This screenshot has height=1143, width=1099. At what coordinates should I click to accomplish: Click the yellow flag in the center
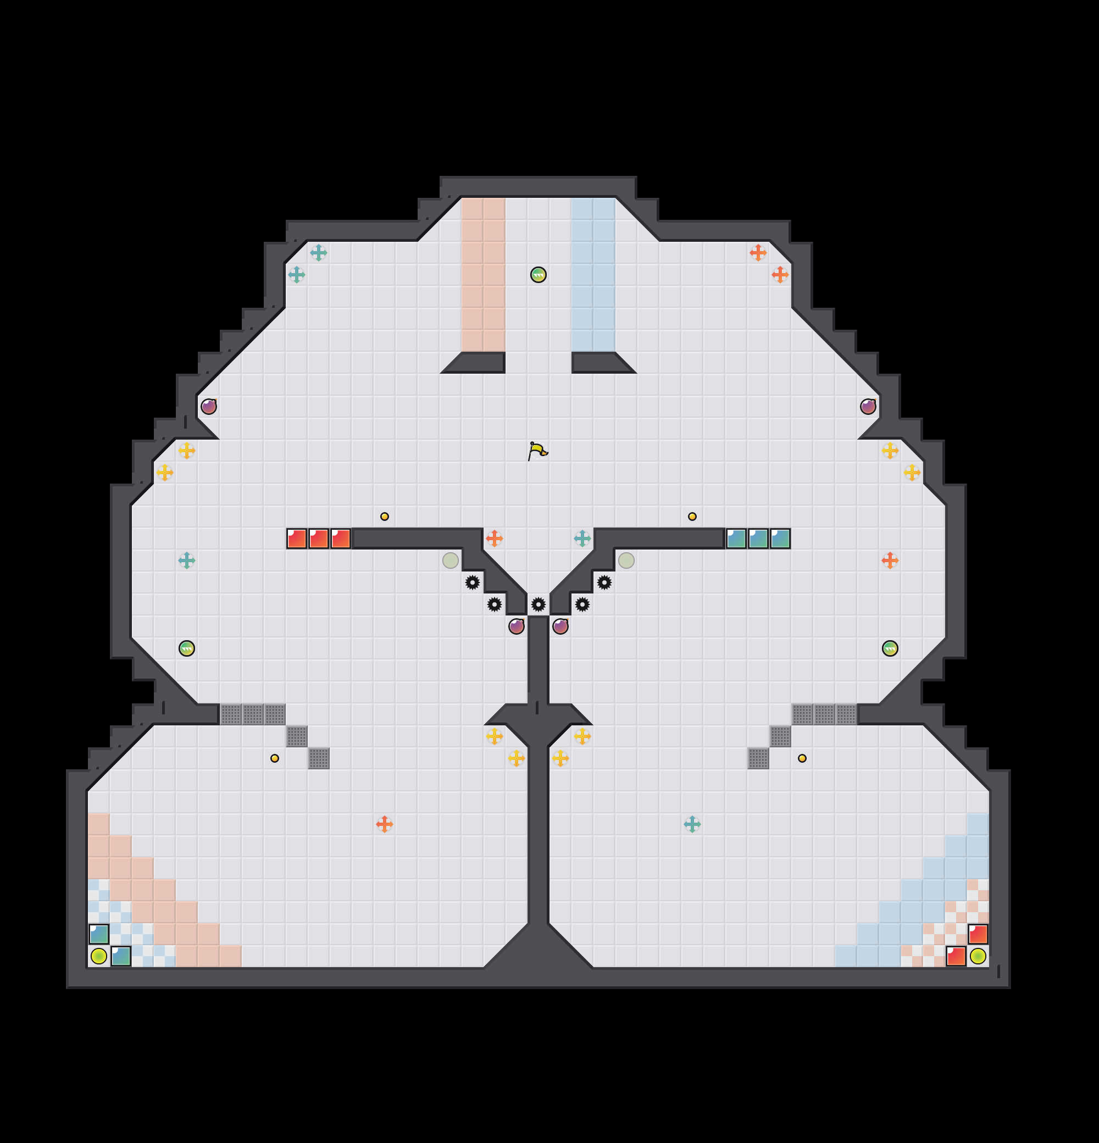537,451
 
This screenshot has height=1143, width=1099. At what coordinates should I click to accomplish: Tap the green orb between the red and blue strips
538,275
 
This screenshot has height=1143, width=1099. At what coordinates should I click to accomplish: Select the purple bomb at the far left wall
209,407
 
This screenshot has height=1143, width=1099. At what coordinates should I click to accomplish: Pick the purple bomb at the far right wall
868,407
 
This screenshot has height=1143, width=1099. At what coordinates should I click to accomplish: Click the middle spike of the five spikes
538,604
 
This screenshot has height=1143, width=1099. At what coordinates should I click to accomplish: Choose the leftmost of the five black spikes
472,582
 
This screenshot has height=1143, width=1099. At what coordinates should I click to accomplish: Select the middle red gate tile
318,539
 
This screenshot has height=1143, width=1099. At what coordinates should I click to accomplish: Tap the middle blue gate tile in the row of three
758,539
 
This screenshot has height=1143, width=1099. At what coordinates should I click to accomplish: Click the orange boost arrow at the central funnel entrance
495,539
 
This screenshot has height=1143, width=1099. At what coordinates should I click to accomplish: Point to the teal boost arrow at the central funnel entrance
582,539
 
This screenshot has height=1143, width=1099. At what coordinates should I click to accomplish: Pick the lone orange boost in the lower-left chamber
384,824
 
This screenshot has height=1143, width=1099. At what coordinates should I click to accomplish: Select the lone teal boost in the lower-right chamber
692,824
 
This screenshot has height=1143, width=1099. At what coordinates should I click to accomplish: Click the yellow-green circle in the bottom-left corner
98,956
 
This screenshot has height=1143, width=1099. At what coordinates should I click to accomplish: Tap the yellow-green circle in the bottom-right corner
978,956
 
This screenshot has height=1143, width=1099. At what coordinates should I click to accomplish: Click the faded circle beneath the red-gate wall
450,561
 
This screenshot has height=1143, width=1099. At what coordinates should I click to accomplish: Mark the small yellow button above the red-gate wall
384,516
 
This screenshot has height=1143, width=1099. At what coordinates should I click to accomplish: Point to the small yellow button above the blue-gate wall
692,516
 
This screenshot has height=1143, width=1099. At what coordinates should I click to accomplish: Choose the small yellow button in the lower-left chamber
275,758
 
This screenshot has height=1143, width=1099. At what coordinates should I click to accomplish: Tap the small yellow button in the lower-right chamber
802,758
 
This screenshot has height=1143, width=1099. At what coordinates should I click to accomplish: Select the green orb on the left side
187,648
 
